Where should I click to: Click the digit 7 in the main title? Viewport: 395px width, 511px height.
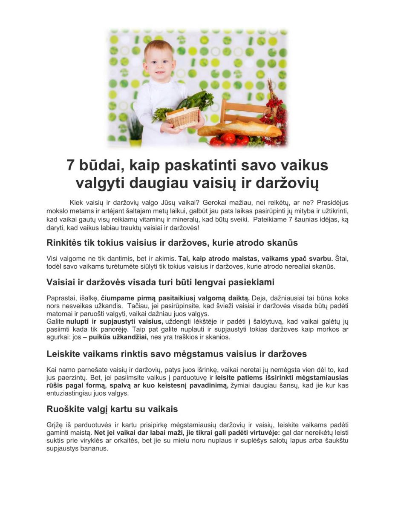[x=71, y=165]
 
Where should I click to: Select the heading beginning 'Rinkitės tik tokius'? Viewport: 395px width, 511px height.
[x=172, y=243]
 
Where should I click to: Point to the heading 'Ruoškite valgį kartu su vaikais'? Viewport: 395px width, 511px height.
[x=112, y=409]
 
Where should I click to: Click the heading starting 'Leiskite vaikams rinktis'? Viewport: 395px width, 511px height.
[x=176, y=354]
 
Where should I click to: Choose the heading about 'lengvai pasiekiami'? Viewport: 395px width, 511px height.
[x=160, y=282]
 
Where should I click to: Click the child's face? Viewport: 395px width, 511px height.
[x=159, y=64]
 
